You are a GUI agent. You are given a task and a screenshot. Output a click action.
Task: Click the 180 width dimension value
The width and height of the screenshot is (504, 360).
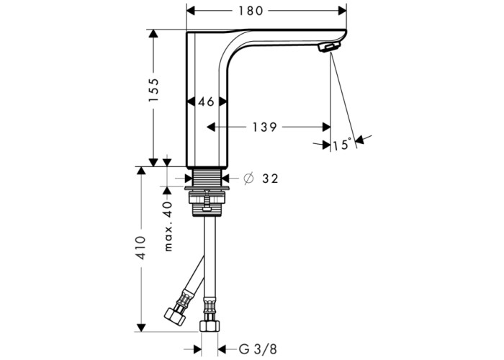tap(251, 11)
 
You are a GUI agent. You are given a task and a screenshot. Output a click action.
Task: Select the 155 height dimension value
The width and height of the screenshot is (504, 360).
tap(153, 90)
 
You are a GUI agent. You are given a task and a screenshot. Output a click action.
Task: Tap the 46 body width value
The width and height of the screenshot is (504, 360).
tap(206, 102)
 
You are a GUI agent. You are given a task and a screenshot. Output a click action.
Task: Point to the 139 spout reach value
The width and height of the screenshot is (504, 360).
tap(264, 127)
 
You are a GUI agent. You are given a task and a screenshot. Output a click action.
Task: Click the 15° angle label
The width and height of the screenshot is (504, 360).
tap(342, 145)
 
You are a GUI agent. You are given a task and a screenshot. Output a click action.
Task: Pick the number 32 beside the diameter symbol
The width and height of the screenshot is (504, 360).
tap(270, 179)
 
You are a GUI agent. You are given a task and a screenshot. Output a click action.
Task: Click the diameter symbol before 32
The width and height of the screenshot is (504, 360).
tap(249, 178)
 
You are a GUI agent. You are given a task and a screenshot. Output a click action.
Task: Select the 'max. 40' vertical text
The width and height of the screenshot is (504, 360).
tap(168, 226)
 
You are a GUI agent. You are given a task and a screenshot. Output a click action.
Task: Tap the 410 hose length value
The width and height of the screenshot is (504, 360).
tap(140, 248)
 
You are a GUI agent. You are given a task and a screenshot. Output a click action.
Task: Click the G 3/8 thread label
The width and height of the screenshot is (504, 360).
tap(258, 349)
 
